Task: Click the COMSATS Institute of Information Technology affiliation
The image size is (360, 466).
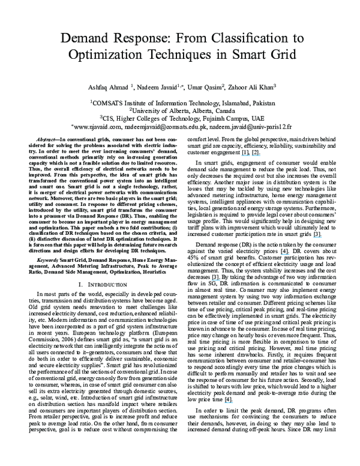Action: click(181, 103)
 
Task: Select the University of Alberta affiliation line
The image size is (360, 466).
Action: click(181, 110)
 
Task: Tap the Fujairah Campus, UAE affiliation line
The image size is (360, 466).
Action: click(181, 118)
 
